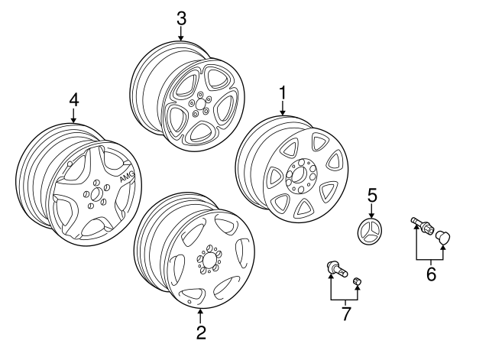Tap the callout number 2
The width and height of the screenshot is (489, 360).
(x=201, y=332)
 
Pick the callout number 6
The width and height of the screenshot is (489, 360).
(x=431, y=274)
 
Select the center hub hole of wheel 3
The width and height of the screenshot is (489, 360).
(x=199, y=105)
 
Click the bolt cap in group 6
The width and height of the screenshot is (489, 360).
(x=442, y=238)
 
